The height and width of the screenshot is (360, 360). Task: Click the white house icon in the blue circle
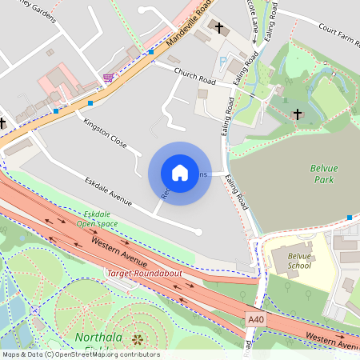pyautogui.click(x=180, y=173)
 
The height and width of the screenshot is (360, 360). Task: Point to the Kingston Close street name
pyautogui.click(x=105, y=133)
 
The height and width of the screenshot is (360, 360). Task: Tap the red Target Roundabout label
pyautogui.click(x=145, y=274)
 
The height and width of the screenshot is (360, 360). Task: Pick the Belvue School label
pyautogui.click(x=299, y=261)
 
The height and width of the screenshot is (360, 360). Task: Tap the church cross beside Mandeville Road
pyautogui.click(x=219, y=28)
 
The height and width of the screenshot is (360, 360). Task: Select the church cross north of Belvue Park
pyautogui.click(x=298, y=114)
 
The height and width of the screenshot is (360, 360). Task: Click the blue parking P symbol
pyautogui.click(x=222, y=61)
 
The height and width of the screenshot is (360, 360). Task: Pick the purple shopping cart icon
pyautogui.click(x=108, y=78)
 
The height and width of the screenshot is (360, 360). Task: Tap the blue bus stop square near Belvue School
pyautogui.click(x=350, y=218)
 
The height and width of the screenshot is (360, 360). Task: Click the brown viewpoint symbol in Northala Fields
pyautogui.click(x=135, y=339)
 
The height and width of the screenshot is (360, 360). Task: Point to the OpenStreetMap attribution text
pyautogui.click(x=81, y=354)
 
